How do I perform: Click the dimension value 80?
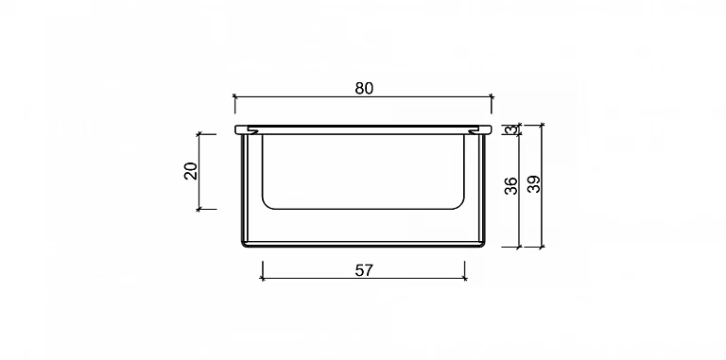click(364, 88)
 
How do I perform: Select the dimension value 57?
click(364, 270)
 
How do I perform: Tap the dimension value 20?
click(191, 171)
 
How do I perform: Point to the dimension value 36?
click(510, 185)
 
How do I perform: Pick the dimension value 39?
click(534, 184)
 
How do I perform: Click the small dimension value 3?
click(510, 129)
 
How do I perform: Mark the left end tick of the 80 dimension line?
click(234, 96)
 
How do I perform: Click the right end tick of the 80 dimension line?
click(492, 96)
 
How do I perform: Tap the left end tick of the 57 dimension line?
click(263, 278)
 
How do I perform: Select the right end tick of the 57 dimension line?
click(465, 278)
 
